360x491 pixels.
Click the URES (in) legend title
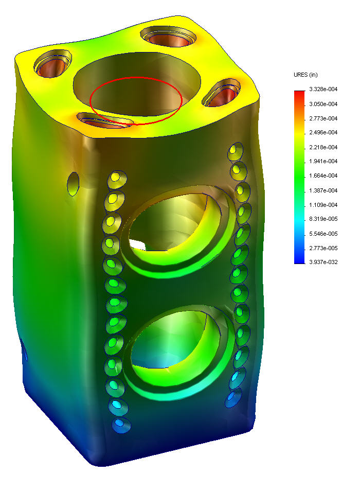click(x=305, y=75)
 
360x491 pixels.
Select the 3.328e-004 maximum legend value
click(x=323, y=89)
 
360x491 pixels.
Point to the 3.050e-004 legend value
click(x=323, y=104)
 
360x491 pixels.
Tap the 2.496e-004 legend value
click(x=323, y=132)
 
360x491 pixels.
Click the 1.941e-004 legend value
click(x=323, y=161)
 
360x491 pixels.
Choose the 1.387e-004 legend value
click(x=323, y=190)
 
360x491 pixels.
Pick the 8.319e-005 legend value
click(x=323, y=219)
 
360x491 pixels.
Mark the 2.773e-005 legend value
click(x=323, y=248)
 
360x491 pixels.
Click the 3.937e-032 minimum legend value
click(x=323, y=262)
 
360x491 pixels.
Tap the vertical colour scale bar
click(x=299, y=177)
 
